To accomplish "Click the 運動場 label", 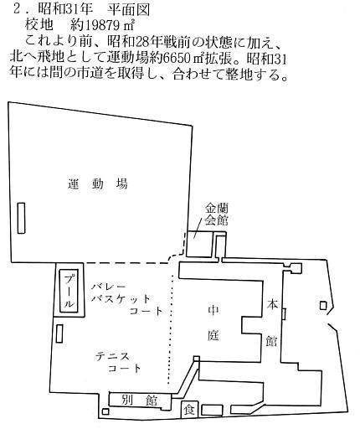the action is pos(98,184).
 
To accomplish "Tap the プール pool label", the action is pos(69,291).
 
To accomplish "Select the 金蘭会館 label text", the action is pos(217,214).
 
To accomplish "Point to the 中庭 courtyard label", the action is pos(213,323).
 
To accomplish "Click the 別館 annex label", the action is pos(140,401).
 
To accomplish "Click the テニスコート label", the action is pos(118,363).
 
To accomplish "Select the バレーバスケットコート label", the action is pos(127,298).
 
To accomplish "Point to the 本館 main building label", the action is pos(271,323).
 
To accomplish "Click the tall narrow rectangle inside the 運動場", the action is pos(21,218).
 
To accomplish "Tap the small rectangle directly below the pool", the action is pos(59,333).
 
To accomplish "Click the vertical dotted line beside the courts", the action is pos(171,329).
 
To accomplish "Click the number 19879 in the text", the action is pos(101,26).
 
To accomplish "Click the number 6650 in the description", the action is pos(177,59).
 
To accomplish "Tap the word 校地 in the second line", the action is pos(39,25).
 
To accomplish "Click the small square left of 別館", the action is pos(105,411).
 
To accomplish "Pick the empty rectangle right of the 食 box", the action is pos(212,410).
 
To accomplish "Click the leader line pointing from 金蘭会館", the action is pos(198,229).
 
